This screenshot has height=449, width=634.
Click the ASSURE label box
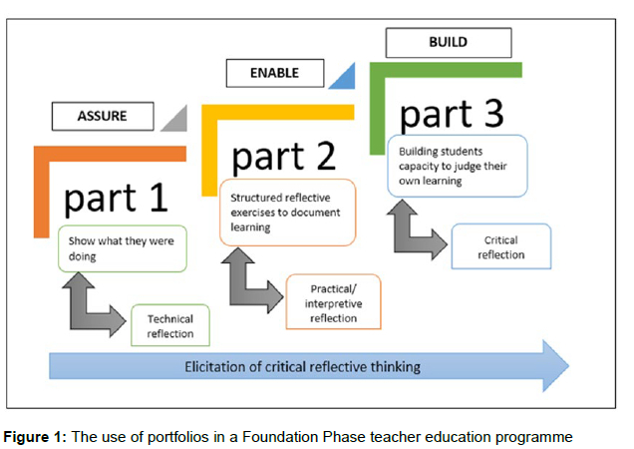coord(103,117)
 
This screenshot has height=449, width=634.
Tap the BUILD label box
coord(448,43)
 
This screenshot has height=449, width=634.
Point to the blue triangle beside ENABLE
coord(342,76)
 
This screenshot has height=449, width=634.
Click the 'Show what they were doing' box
coord(122,249)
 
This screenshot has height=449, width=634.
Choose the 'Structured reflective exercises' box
coord(287,212)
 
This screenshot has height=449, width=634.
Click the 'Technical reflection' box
coord(170,326)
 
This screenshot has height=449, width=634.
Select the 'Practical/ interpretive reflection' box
coord(332,301)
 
